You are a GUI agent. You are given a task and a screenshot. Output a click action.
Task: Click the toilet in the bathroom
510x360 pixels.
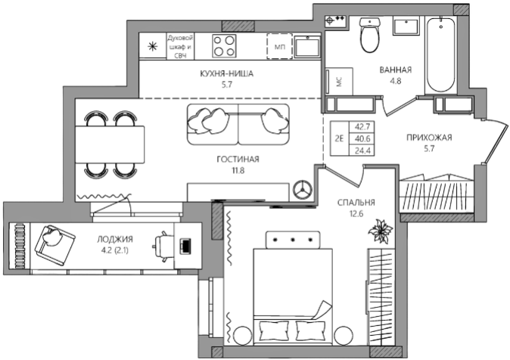tap(370, 35)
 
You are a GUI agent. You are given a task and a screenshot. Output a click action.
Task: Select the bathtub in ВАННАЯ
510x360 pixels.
tap(440, 55)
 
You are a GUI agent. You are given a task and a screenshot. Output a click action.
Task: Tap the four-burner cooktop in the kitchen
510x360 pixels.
tap(224, 46)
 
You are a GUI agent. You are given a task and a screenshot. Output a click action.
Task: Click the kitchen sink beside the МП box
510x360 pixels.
tap(307, 46)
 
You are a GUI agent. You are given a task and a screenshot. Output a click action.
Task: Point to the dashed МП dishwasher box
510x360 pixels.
tap(279, 46)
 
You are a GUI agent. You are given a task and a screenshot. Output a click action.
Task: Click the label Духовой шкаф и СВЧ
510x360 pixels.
tap(180, 46)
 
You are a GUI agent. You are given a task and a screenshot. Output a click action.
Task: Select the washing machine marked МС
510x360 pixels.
tap(339, 81)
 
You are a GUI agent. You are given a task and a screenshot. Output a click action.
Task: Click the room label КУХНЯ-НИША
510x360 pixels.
tap(226, 74)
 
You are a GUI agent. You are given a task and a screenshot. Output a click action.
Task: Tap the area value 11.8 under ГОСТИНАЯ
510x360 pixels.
tap(238, 170)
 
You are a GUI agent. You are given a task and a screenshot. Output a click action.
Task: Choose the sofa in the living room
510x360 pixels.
tap(238, 125)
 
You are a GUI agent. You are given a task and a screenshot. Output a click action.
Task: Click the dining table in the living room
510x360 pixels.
tap(110, 144)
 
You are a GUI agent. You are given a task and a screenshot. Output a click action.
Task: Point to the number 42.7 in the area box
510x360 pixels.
tap(362, 126)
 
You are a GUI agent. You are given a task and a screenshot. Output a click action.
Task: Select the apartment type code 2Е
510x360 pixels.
tap(339, 138)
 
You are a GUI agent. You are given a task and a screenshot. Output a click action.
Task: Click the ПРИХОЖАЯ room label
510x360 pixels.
tap(429, 138)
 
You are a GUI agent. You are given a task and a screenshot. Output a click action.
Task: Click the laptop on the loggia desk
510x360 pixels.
tap(185, 246)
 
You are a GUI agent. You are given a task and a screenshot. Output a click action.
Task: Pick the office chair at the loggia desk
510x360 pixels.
tap(163, 247)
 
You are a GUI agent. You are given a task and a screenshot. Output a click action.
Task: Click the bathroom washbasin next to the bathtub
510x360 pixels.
tap(406, 26)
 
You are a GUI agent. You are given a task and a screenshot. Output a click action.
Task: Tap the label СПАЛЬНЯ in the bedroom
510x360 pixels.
tap(356, 203)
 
